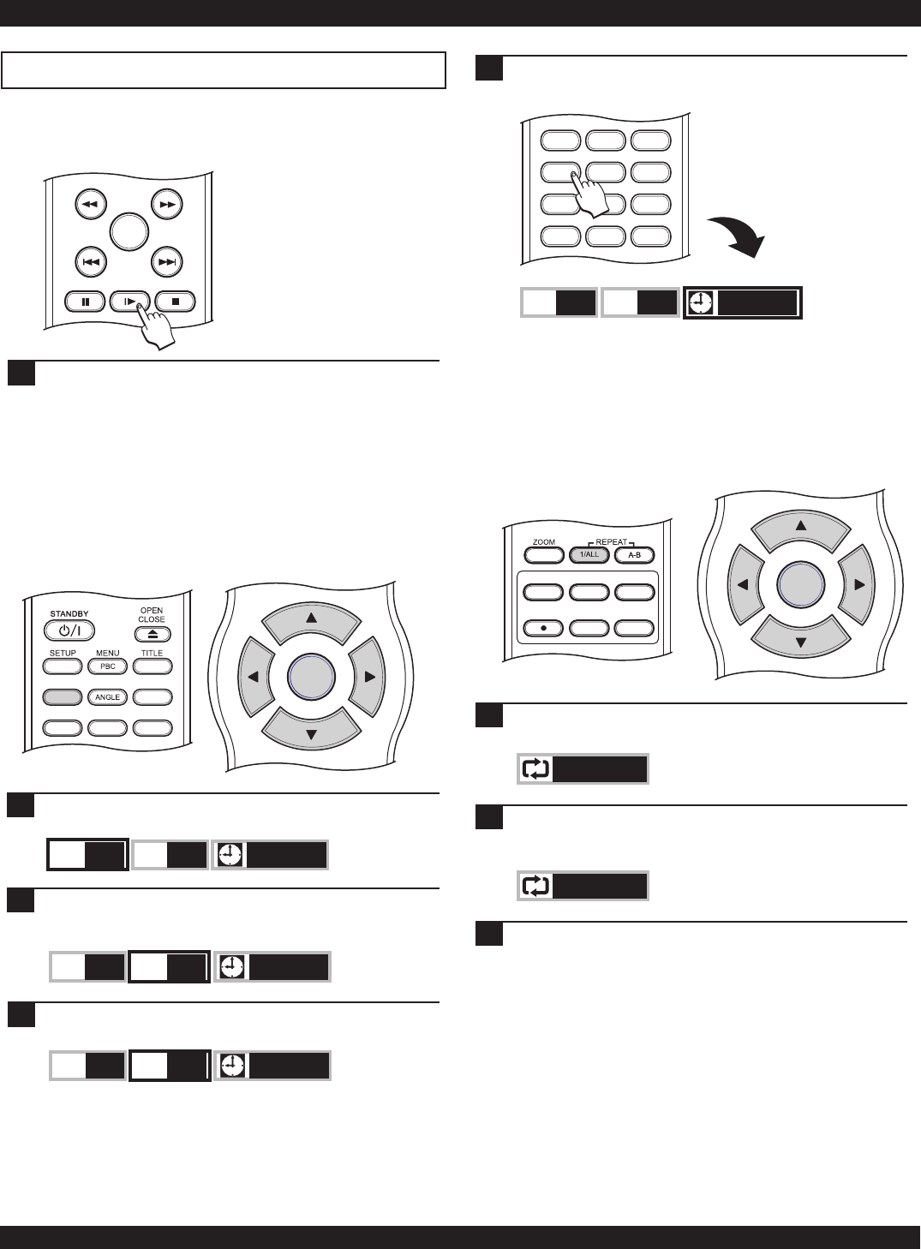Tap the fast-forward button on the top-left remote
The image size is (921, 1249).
coord(166,206)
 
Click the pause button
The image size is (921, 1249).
coord(85,302)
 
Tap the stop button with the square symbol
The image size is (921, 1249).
coord(176,302)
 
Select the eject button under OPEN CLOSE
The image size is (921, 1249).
coord(152,635)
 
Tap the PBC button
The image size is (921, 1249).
coord(108,666)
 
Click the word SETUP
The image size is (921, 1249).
coord(63,653)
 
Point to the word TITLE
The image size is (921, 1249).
coord(152,653)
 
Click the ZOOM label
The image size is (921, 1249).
coord(544,542)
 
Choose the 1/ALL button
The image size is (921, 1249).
coord(589,555)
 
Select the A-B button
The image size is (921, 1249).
coord(634,555)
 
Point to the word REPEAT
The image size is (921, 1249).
coord(611,542)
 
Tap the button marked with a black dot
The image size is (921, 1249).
coord(543,628)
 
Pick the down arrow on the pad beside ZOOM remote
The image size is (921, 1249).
coord(801,641)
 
